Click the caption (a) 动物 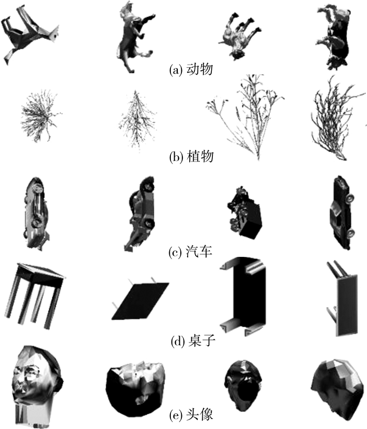191,70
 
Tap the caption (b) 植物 191,157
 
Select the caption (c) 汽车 190,251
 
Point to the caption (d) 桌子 193,341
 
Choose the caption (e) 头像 191,415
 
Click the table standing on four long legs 34,295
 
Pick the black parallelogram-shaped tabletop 140,301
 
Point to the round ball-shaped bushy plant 41,115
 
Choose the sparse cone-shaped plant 137,121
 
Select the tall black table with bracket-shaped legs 243,296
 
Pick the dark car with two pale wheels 342,212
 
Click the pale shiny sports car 36,213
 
